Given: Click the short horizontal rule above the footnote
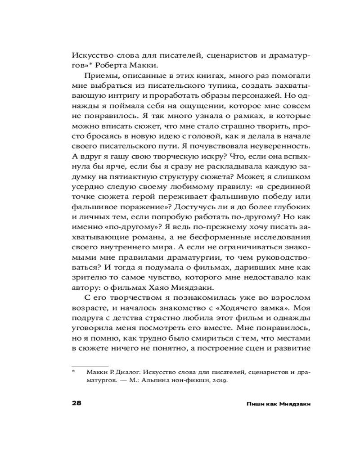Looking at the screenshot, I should click(90, 365).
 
